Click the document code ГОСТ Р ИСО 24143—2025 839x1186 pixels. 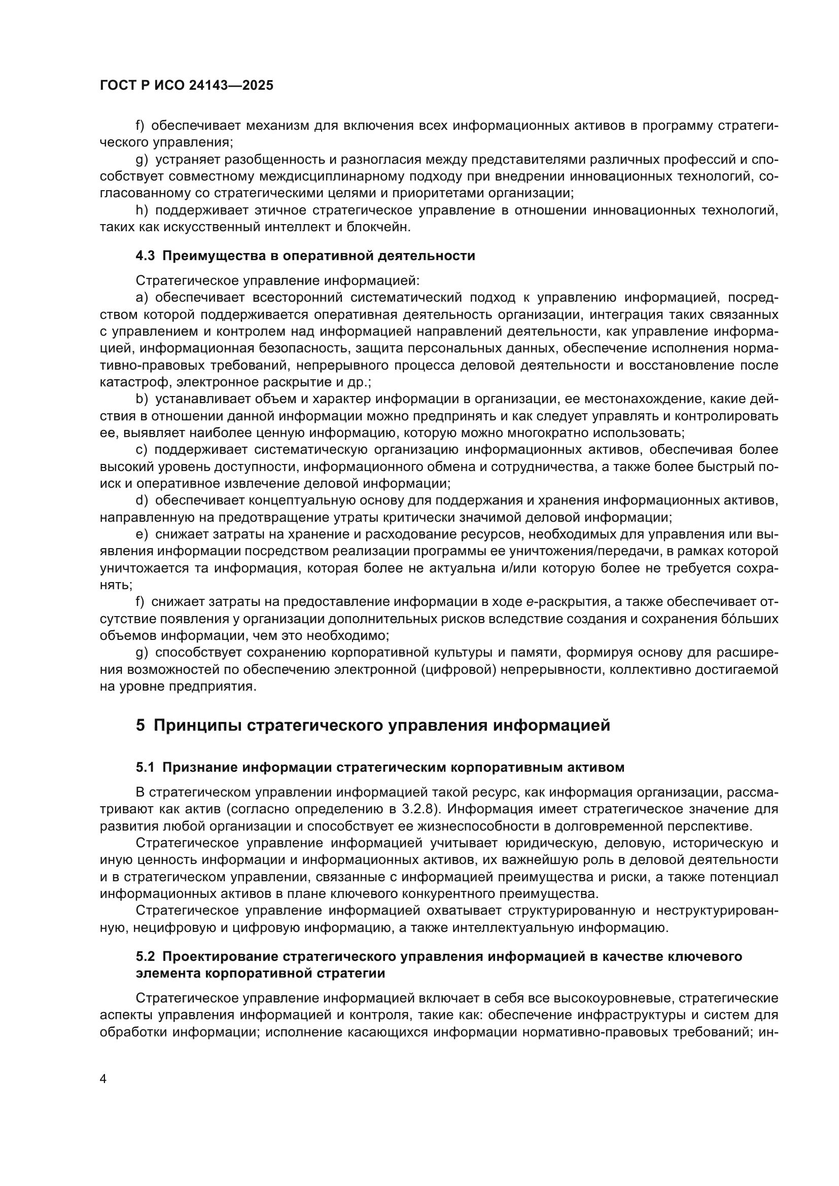(187, 86)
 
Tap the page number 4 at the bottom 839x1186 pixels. (103, 1079)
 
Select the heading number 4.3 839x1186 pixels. (145, 256)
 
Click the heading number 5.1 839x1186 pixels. (145, 768)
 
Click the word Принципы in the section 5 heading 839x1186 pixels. (198, 726)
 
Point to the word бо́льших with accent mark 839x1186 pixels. (750, 619)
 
